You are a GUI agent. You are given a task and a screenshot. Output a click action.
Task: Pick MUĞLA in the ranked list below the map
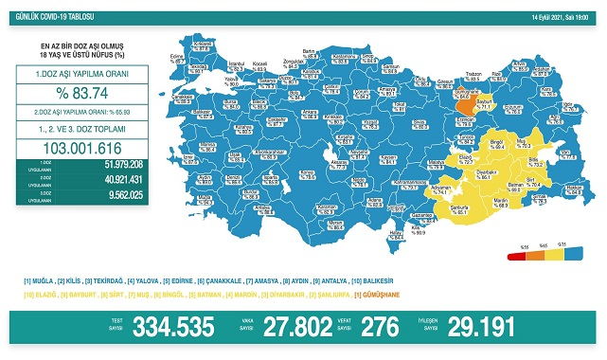[x=42, y=280]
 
